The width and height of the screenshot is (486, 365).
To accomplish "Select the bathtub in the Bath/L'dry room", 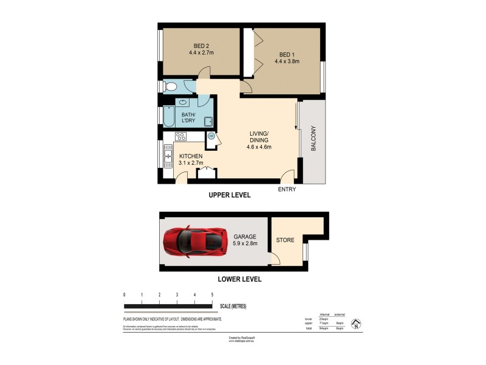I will coord(169,115).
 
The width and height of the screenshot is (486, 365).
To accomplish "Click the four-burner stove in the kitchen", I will coord(181,137).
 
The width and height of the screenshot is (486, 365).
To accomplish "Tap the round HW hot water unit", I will coord(211,136).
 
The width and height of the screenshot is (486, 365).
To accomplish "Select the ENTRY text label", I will coord(287,190).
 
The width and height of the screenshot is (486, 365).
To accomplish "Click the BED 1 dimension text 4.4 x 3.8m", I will coord(287,61).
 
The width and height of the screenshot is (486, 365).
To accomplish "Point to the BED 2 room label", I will coord(202,46).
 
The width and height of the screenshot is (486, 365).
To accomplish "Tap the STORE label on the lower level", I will coord(285,240).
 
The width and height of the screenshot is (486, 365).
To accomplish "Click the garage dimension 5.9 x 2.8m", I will coord(245,243).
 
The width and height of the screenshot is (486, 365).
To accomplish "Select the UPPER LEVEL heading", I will coord(229,195).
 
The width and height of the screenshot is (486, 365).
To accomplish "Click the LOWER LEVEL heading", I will coord(239,279).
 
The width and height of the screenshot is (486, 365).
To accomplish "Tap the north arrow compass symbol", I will coord(357,324).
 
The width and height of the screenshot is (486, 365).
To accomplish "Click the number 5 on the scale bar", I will coord(212,294).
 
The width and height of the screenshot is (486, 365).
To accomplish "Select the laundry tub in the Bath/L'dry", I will coord(208,120).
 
